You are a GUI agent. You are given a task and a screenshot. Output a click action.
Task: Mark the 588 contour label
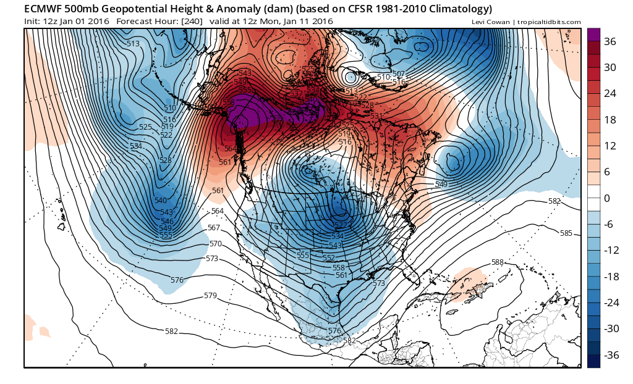coord(498,262)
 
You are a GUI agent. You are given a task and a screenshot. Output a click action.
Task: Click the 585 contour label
coord(566,233)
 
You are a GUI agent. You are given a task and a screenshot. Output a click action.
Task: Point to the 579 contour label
coord(210,296)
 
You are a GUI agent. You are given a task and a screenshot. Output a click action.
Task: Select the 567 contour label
coord(214,228)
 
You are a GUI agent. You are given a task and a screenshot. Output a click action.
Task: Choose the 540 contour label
coord(161,201)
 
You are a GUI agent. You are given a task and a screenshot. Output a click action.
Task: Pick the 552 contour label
coord(329,258)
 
